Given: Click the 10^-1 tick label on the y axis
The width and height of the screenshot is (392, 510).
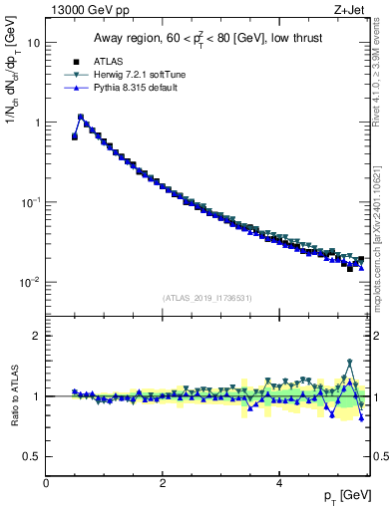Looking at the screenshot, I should point(28,202).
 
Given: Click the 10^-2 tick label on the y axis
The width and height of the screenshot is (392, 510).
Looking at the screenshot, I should point(28,282).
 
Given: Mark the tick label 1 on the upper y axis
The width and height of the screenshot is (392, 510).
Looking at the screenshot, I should point(37,123).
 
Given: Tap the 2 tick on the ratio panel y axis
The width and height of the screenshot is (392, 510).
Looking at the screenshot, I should point(37,336).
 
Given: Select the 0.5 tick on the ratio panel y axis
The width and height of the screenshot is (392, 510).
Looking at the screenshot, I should point(32,456).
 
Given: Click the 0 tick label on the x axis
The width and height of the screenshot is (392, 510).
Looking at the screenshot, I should point(46,483).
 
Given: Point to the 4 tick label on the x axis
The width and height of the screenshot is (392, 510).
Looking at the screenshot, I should point(279,483).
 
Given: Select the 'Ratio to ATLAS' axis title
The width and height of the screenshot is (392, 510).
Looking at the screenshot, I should point(13,395).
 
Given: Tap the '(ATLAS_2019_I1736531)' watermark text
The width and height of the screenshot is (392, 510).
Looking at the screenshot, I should point(206,298).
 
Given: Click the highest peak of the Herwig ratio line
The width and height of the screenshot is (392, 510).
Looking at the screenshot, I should point(350,362).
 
